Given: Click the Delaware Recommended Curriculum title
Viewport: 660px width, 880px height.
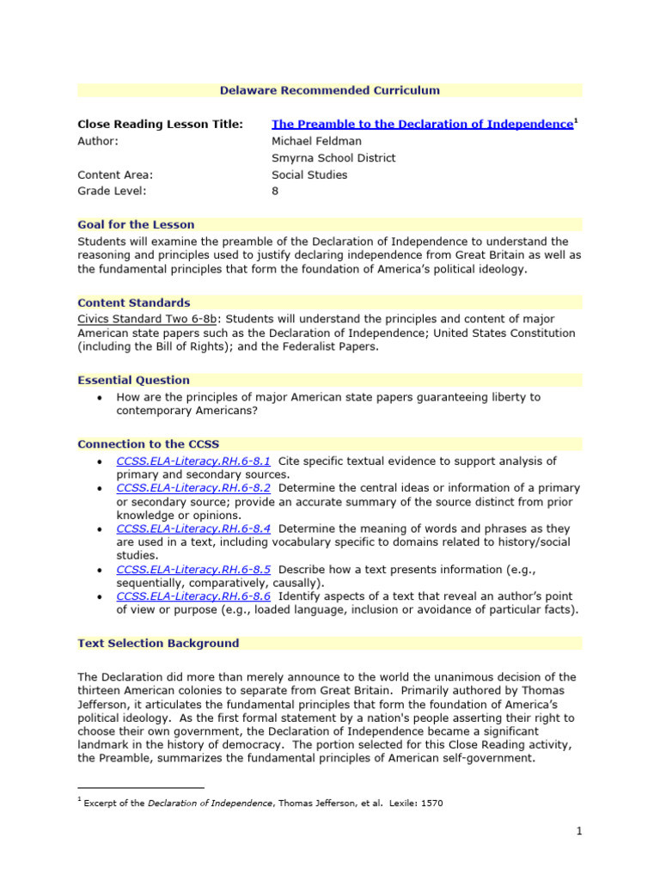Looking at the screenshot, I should tap(329, 90).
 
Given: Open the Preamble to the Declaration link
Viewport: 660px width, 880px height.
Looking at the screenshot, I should tap(422, 125).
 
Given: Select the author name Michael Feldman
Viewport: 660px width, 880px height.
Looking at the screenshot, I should tap(316, 141).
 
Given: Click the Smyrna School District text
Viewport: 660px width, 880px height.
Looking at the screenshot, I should tap(333, 158).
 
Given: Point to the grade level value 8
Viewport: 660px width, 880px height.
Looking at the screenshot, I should tap(275, 192).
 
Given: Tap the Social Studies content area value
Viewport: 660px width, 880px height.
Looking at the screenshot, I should tap(309, 174).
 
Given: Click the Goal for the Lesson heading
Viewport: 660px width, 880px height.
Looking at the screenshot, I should tap(136, 225).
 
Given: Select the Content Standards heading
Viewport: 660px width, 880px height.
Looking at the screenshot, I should tap(134, 302).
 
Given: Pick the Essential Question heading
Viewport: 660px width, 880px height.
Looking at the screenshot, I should tap(133, 380).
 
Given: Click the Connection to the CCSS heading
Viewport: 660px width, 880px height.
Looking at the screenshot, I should tap(148, 444).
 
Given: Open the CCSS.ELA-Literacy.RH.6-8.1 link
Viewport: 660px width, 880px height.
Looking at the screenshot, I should tap(193, 461).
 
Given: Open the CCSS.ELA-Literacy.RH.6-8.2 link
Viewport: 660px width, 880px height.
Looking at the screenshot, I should tap(193, 488).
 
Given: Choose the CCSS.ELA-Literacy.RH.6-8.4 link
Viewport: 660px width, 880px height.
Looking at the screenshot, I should tap(193, 529).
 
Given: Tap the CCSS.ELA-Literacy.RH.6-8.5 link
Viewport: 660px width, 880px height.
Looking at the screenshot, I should tap(193, 569).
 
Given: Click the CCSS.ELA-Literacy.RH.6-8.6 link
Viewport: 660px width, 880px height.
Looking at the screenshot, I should tap(193, 596).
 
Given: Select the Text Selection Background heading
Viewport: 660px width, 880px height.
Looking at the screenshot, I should tap(158, 643).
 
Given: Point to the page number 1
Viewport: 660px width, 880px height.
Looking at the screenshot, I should tap(579, 831).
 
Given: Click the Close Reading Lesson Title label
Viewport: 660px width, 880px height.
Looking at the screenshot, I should tap(160, 125).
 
